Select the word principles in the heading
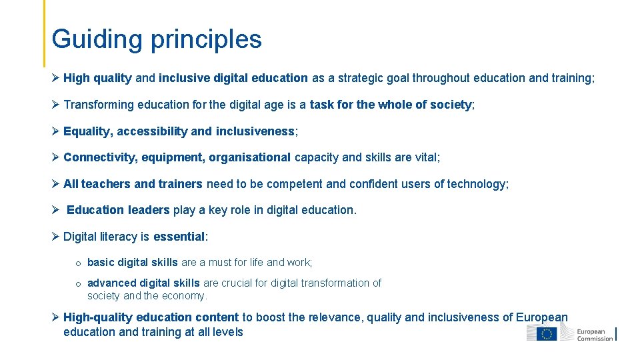point(206,39)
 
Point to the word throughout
point(441,78)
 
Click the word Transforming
point(99,105)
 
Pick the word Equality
point(88,131)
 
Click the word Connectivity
point(98,157)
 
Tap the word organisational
point(249,157)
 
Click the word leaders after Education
point(149,210)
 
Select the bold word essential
point(178,237)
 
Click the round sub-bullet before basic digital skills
point(79,263)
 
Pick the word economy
point(183,296)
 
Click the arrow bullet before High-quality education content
point(55,318)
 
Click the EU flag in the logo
point(548,333)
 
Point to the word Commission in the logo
point(595,338)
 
